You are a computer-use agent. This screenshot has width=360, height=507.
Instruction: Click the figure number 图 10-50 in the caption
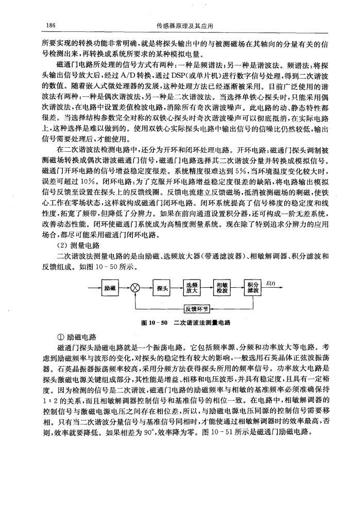pos(155,323)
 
